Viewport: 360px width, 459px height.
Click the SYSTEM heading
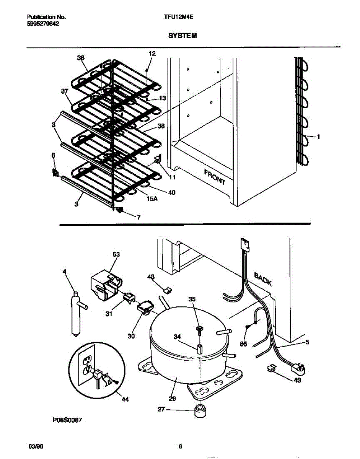182,36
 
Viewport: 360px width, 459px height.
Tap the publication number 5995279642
44,23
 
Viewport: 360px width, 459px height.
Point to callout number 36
80,58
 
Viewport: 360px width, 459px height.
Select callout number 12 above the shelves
152,54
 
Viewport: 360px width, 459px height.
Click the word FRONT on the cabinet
215,177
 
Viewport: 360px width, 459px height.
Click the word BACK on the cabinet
263,280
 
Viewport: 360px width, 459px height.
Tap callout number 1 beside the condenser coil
318,137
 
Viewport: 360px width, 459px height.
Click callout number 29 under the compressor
172,399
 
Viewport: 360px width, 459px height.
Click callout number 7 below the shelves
138,218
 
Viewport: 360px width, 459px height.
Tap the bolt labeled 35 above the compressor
199,330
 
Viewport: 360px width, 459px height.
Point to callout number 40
171,192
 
